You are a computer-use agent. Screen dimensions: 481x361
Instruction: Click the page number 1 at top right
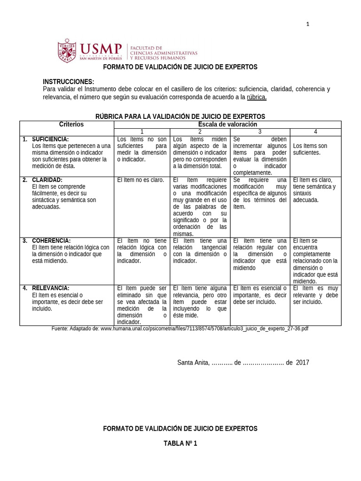(308, 24)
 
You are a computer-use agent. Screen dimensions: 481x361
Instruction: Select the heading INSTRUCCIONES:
(68, 81)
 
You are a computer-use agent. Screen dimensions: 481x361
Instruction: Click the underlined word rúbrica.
(257, 97)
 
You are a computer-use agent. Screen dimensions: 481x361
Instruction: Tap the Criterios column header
(71, 124)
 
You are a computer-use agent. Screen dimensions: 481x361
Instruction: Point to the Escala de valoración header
(228, 124)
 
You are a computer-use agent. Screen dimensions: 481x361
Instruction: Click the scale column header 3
(259, 132)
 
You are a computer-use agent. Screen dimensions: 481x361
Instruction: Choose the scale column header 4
(315, 132)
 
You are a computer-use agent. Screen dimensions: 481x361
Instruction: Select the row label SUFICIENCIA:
(50, 139)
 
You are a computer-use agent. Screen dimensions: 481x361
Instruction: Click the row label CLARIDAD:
(47, 179)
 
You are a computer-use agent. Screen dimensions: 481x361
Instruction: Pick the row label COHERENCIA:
(51, 240)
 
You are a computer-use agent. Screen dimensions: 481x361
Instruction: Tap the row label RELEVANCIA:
(51, 288)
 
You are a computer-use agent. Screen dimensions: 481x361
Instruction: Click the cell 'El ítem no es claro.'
(140, 180)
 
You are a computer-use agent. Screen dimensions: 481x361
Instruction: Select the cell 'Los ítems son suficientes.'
(310, 149)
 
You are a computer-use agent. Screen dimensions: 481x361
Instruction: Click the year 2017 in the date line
(303, 363)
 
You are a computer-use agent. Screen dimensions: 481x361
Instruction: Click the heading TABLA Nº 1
(180, 443)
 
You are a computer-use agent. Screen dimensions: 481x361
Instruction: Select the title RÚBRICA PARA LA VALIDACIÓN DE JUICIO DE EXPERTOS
(180, 116)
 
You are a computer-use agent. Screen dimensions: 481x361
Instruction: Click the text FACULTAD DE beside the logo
(146, 48)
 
